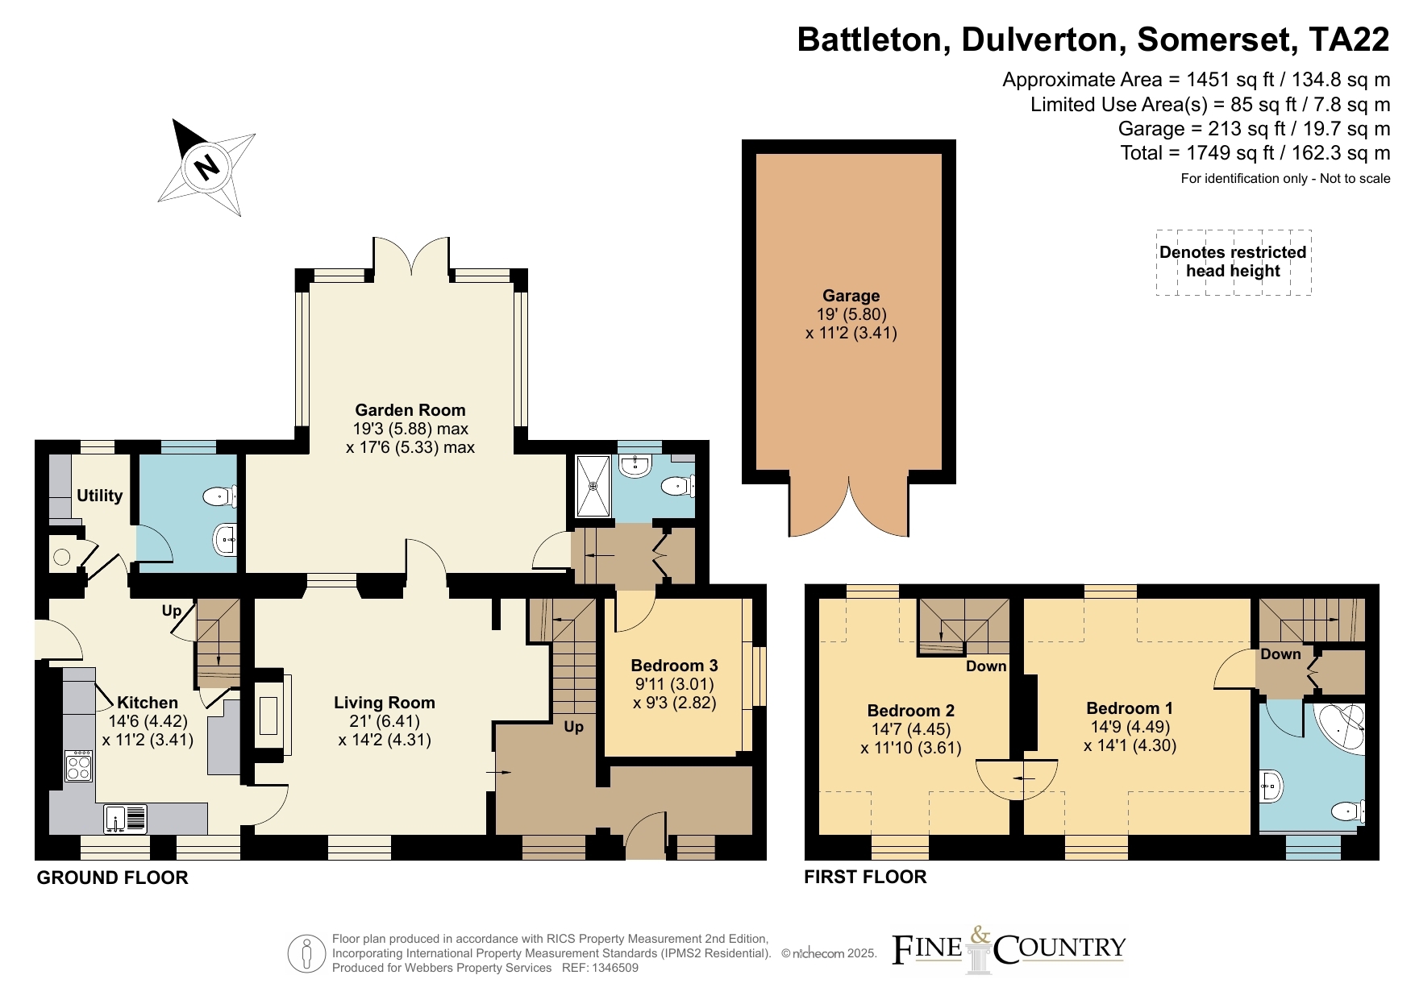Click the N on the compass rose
point(208,166)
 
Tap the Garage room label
point(851,296)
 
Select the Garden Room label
point(410,410)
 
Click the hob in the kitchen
point(78,766)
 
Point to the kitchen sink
point(125,818)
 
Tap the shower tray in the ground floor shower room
point(594,486)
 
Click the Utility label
point(99,496)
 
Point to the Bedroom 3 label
point(674,666)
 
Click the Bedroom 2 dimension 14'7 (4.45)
point(911,729)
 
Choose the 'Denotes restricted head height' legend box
point(1233,262)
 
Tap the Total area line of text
point(1255,153)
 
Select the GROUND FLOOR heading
point(112,878)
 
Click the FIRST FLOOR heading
point(865,877)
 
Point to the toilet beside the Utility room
point(219,496)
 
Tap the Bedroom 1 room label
point(1130,708)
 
